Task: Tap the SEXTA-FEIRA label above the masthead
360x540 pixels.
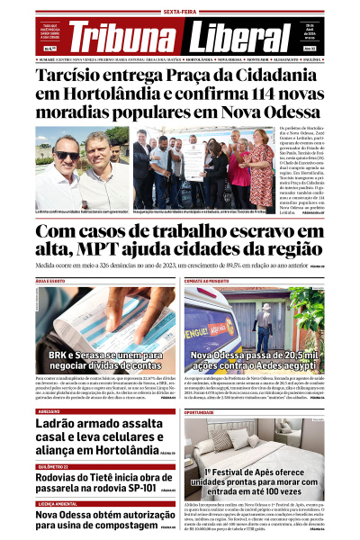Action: [x=180, y=12]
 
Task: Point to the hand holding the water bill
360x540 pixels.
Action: [x=144, y=306]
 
